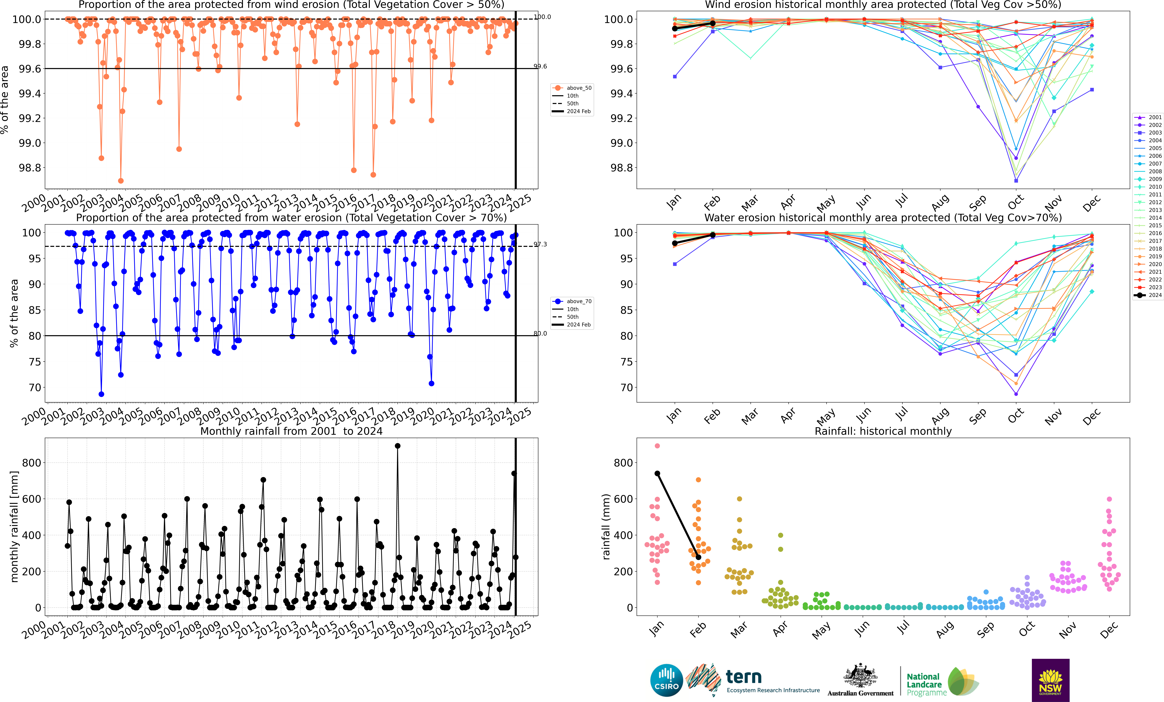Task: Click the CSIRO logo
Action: coord(667,680)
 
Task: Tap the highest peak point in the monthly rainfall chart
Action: coord(397,446)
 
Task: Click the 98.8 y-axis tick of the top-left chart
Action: coord(30,168)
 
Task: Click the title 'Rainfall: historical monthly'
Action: coord(883,431)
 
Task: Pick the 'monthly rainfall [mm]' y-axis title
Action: coord(14,526)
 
